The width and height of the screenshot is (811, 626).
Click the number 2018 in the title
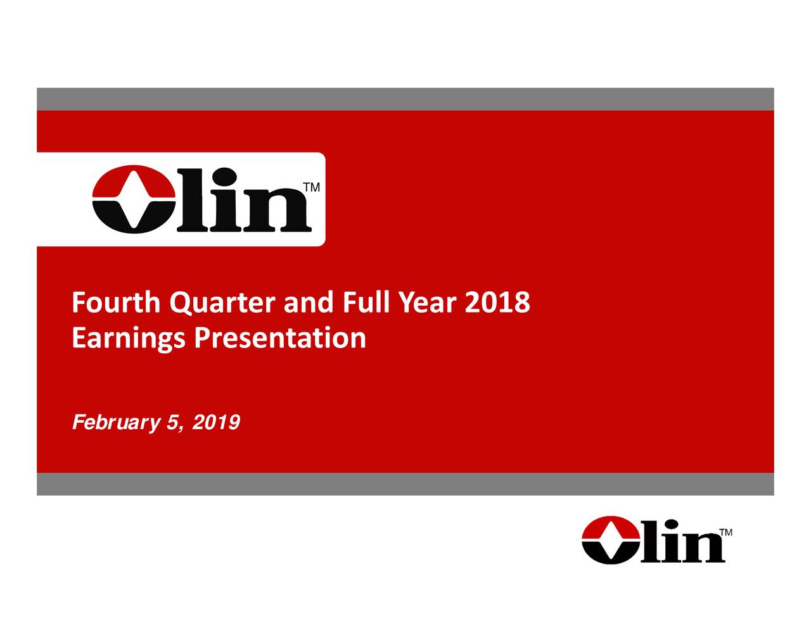point(497,303)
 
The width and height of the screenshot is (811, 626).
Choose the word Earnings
point(129,338)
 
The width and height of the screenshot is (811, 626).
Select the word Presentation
point(280,338)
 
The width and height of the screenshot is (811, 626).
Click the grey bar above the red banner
point(405,99)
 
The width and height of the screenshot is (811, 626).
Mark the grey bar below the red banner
point(405,484)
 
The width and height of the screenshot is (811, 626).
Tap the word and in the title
point(307,303)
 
